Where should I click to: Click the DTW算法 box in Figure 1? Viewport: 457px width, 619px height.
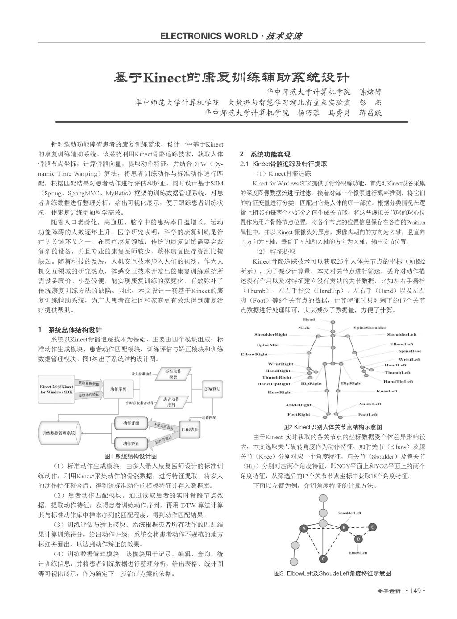[x=212, y=389]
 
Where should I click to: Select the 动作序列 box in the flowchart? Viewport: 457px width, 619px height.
[x=118, y=389]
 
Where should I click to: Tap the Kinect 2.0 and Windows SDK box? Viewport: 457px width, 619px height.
[x=56, y=389]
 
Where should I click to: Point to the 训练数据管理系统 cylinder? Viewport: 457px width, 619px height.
[x=58, y=433]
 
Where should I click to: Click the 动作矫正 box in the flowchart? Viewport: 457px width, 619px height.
[x=131, y=443]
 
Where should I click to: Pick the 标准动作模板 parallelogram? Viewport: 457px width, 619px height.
[x=173, y=374]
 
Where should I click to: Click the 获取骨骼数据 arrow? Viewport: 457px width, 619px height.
[x=89, y=383]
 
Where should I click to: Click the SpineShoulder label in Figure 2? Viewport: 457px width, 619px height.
[x=370, y=328]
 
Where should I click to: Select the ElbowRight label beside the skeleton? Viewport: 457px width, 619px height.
[x=254, y=354]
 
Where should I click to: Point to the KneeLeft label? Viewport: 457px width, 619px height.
[x=386, y=391]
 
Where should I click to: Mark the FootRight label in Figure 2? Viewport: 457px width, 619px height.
[x=299, y=414]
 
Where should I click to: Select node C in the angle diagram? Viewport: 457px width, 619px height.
[x=324, y=558]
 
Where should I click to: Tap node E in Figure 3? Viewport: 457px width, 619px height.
[x=372, y=527]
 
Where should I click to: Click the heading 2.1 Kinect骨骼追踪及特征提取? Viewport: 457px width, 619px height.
[x=283, y=164]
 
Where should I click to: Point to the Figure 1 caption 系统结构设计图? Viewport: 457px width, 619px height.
[x=130, y=456]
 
